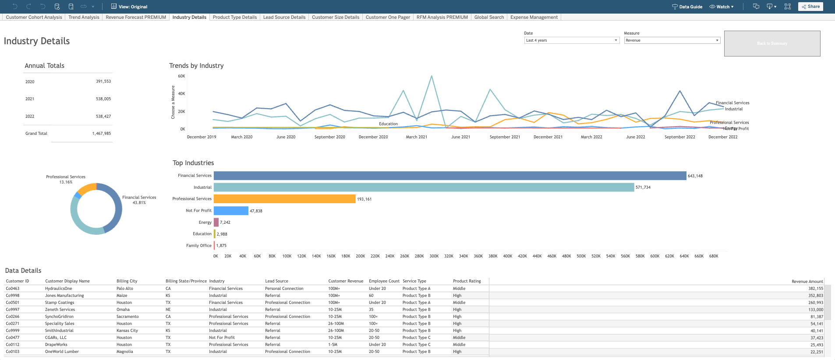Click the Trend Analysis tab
(x=84, y=17)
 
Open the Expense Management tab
(x=534, y=17)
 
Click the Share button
(x=810, y=7)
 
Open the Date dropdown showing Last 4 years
(x=572, y=40)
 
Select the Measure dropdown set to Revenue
(x=672, y=40)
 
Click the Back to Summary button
(x=772, y=43)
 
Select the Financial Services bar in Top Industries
(x=449, y=176)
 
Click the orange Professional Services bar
(x=284, y=199)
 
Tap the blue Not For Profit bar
(x=231, y=211)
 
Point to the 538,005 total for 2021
(x=103, y=99)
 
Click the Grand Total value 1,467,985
(x=101, y=134)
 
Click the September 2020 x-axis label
(x=329, y=137)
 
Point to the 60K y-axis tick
(x=181, y=76)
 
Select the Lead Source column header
(x=276, y=281)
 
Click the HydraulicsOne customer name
(x=58, y=289)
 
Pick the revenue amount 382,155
(x=815, y=289)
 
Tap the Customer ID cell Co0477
(x=12, y=338)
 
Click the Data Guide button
(x=687, y=7)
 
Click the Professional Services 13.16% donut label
(x=66, y=179)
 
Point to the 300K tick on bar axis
(x=434, y=256)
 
